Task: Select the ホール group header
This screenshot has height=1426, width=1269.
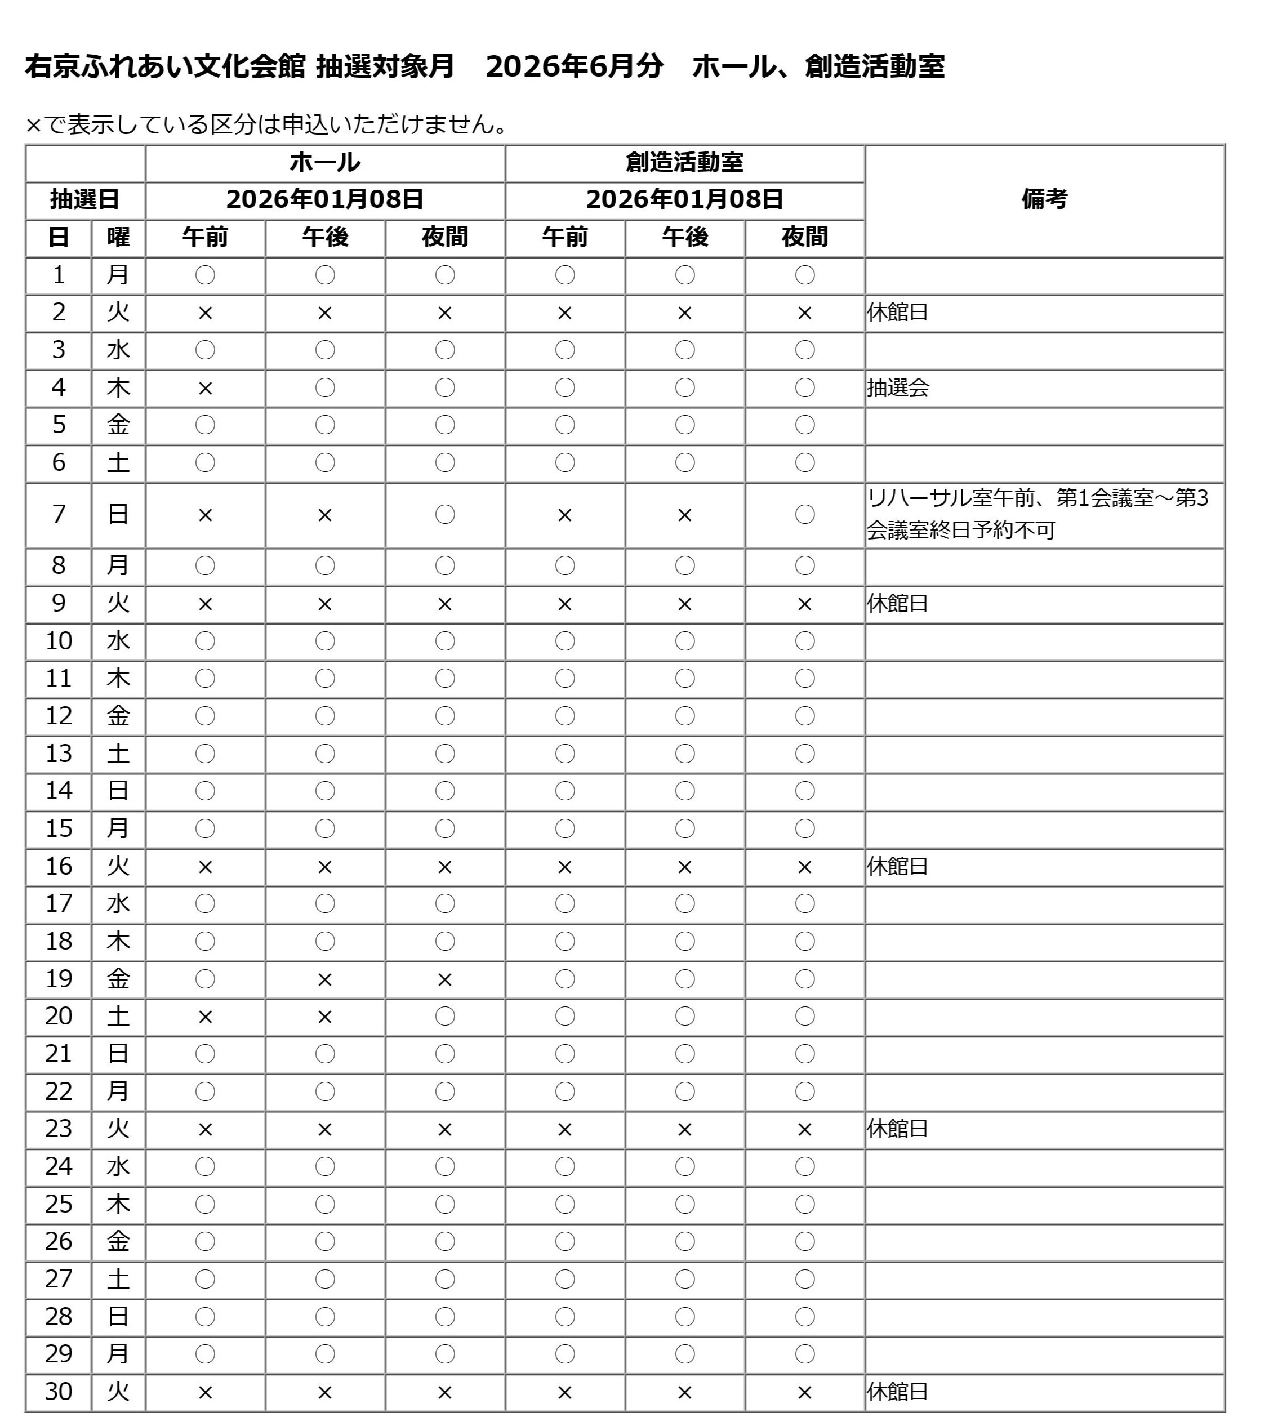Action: pyautogui.click(x=324, y=163)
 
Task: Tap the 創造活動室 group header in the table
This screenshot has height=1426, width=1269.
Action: pyautogui.click(x=684, y=163)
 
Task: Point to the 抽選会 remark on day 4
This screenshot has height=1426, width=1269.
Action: pyautogui.click(x=898, y=388)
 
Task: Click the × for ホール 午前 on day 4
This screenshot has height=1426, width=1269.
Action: pyautogui.click(x=205, y=389)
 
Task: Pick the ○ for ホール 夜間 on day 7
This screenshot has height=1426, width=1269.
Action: pyautogui.click(x=445, y=515)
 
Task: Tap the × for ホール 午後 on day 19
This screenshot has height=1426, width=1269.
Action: pyautogui.click(x=324, y=979)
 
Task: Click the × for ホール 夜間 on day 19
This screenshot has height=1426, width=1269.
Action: pyautogui.click(x=445, y=979)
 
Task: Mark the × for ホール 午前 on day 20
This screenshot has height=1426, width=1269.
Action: pyautogui.click(x=205, y=1017)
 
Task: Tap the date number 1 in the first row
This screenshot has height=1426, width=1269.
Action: pyautogui.click(x=59, y=275)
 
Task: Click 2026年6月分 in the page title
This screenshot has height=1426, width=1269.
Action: pyautogui.click(x=574, y=67)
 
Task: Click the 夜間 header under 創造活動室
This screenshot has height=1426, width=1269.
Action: pyautogui.click(x=804, y=238)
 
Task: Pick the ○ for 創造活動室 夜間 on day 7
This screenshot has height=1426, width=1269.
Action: pyautogui.click(x=804, y=515)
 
